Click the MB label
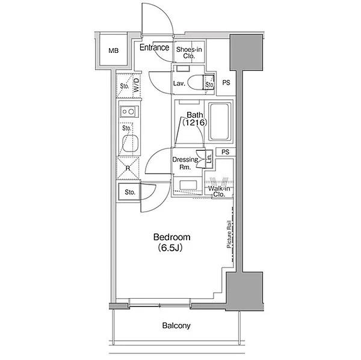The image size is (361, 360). coord(114,50)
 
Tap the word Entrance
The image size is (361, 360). coord(154,47)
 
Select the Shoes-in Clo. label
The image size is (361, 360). coord(189,52)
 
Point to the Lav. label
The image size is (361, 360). coord(179,84)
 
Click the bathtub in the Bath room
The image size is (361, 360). coord(220,121)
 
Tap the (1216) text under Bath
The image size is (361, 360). coord(195,123)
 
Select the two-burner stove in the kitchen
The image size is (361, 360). coord(129,112)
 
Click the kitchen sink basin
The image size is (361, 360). coord(131,143)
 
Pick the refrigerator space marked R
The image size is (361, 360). coord(128,168)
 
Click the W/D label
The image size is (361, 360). coord(137,85)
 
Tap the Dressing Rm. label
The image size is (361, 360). coord(185,163)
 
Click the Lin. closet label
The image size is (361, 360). coord(209,159)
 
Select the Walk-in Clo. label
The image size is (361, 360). coord(219,191)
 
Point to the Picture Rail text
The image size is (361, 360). coord(229,234)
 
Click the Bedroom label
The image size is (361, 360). coord(171,237)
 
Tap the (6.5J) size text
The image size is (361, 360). coord(170,248)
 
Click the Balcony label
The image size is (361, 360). coord(176,326)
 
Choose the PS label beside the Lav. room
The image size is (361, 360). coord(226,82)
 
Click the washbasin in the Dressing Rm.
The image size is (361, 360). coord(188,185)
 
